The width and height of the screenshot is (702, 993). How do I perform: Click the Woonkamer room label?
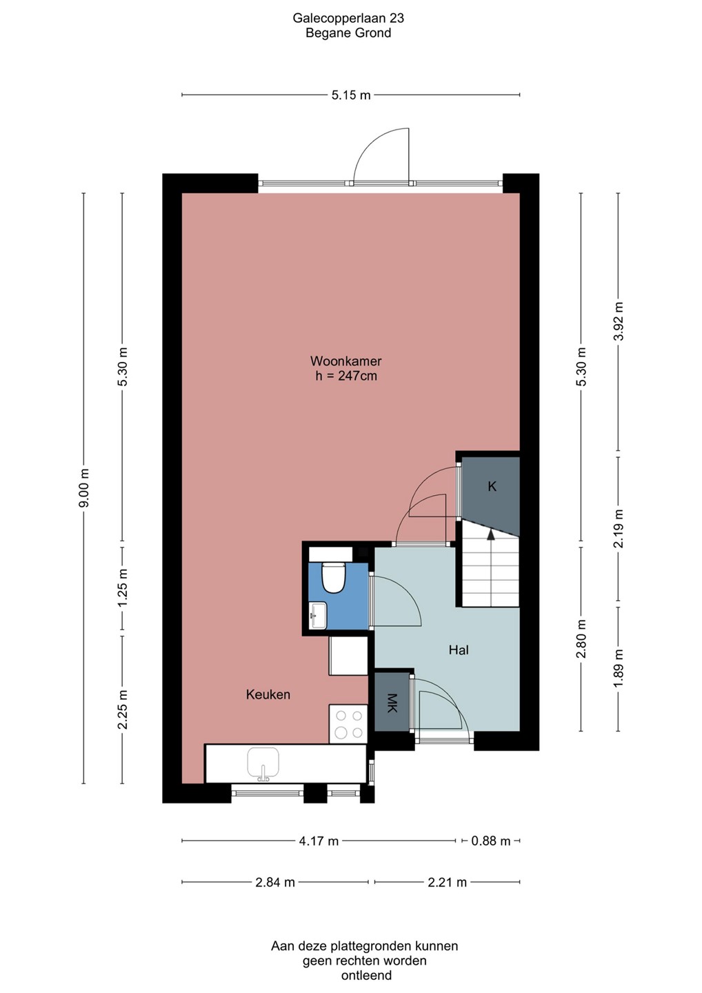click(x=345, y=361)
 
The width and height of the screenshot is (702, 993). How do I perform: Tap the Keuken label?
click(x=268, y=694)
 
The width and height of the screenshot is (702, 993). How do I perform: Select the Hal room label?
click(x=459, y=650)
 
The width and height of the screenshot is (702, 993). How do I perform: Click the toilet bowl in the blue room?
click(x=333, y=578)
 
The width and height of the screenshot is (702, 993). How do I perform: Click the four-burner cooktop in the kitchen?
click(x=348, y=723)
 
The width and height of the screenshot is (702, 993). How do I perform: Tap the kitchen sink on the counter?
click(x=263, y=763)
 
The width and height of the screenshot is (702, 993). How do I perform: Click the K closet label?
click(x=492, y=487)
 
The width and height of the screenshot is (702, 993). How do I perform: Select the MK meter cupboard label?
click(x=392, y=703)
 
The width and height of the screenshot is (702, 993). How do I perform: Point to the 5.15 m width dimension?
click(x=351, y=95)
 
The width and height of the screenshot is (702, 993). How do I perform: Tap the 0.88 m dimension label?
click(x=490, y=841)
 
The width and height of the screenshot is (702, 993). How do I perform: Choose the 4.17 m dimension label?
click(x=319, y=841)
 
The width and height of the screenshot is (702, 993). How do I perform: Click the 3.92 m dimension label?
click(x=619, y=321)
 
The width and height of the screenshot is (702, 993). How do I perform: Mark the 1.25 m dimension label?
click(x=123, y=588)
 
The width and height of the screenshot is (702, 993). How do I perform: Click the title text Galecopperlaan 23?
click(x=348, y=18)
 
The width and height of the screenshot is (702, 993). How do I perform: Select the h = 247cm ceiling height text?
click(x=346, y=376)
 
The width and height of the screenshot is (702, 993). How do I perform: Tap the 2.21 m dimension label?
click(x=447, y=882)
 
